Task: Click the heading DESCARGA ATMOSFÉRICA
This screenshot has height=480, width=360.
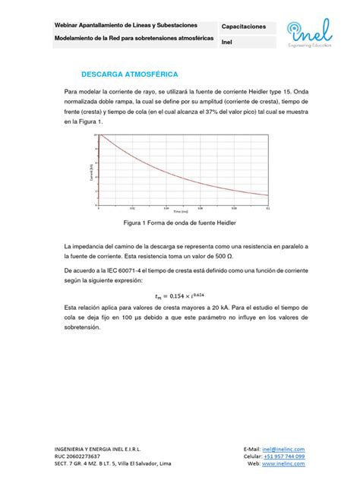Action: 130,75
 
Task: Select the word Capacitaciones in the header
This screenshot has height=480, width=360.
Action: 243,27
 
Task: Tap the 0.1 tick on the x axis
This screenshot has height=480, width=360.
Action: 268,206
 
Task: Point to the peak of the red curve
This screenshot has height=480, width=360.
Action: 99,136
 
